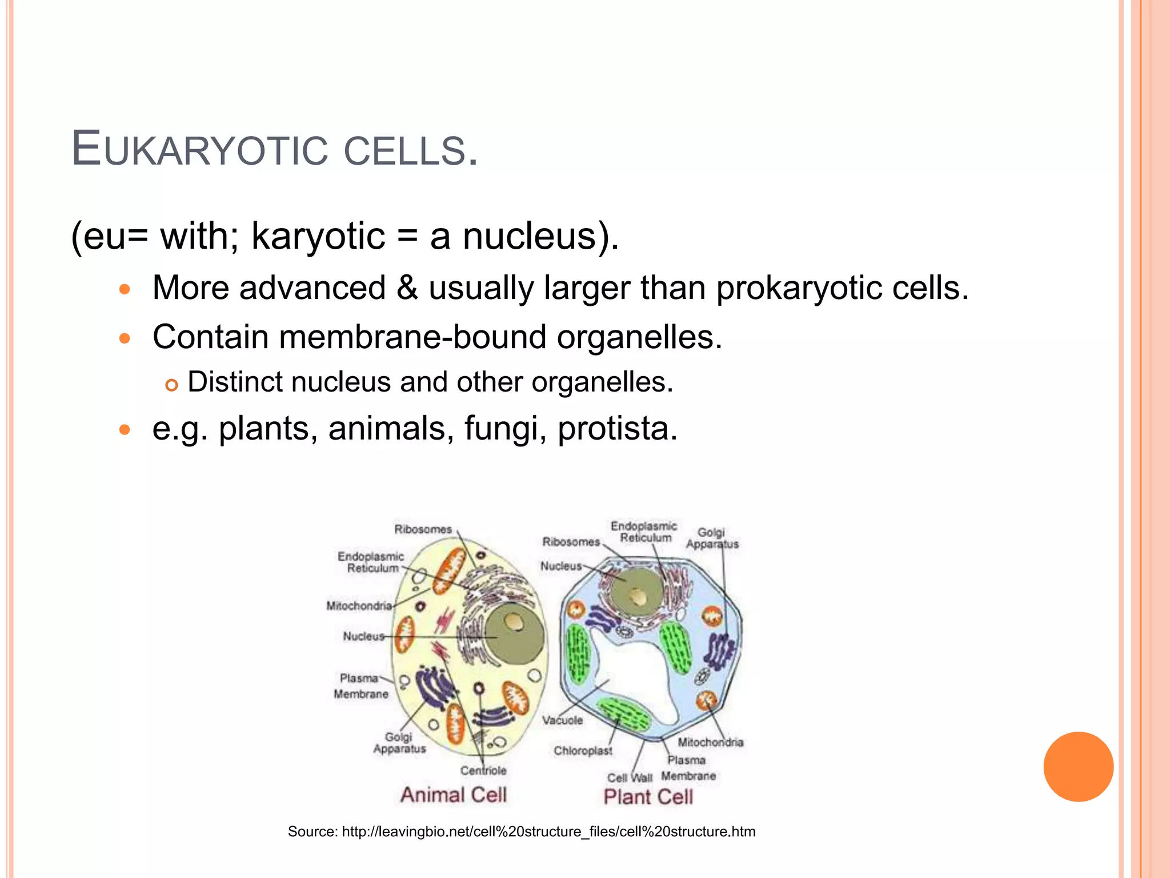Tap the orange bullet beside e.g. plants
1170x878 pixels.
pyautogui.click(x=125, y=429)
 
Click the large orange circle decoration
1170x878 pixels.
pyautogui.click(x=1078, y=767)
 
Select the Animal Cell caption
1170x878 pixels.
pyautogui.click(x=454, y=795)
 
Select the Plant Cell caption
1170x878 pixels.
pyautogui.click(x=648, y=796)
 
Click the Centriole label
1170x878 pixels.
pyautogui.click(x=483, y=771)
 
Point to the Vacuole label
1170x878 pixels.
pyautogui.click(x=563, y=720)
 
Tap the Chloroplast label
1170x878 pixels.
pyautogui.click(x=583, y=751)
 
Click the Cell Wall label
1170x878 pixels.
pyautogui.click(x=630, y=778)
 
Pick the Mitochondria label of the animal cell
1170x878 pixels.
pyautogui.click(x=359, y=605)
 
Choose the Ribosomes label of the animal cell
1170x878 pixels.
pyautogui.click(x=423, y=529)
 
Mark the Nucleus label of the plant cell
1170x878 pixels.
pyautogui.click(x=561, y=566)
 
